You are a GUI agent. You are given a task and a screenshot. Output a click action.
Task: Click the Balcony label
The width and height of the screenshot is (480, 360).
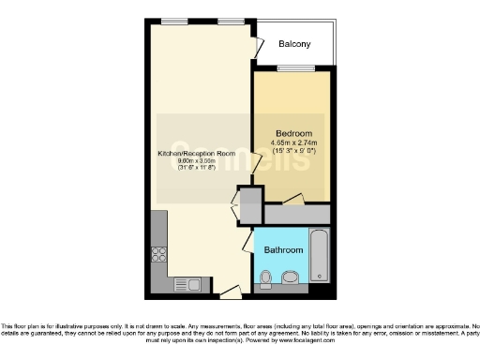[x=294, y=45]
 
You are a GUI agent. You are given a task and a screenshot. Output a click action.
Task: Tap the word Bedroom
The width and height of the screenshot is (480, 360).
[x=292, y=132]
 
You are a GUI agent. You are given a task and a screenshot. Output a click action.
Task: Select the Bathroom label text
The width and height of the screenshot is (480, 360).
[x=282, y=251]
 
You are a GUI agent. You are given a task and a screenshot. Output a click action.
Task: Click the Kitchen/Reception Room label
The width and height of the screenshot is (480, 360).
[x=196, y=152]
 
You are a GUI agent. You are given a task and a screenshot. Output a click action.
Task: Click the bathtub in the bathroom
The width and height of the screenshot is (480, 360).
[x=320, y=254]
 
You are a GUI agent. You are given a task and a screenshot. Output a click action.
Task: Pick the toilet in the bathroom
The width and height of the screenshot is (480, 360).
[x=267, y=277]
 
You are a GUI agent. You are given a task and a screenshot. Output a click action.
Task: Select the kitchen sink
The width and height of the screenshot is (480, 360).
[x=183, y=281]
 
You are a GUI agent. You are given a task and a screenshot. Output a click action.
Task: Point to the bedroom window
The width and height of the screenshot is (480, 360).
[x=290, y=67]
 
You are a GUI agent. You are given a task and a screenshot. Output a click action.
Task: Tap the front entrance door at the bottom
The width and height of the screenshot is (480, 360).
[x=227, y=292]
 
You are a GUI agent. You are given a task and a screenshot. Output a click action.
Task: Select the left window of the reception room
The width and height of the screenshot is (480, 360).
[x=173, y=21]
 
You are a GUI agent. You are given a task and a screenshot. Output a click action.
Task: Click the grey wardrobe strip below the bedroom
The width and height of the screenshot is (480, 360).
[x=297, y=215]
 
